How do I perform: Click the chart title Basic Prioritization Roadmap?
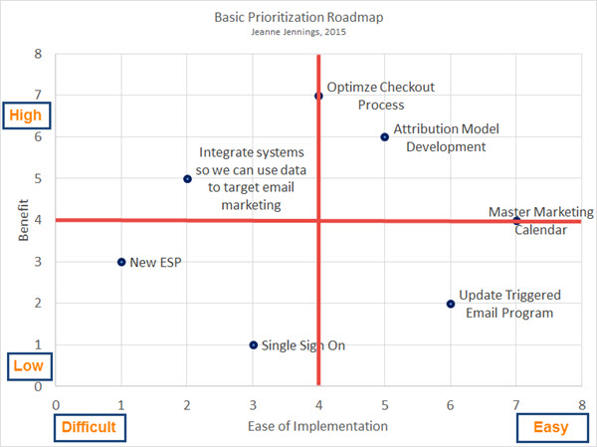tap(298, 17)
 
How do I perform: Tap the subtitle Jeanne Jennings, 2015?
tap(298, 33)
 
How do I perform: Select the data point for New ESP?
tap(121, 262)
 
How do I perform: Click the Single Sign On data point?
tap(253, 345)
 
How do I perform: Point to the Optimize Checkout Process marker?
tap(318, 96)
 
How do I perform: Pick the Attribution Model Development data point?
tap(384, 137)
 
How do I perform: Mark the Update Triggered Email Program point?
tap(450, 304)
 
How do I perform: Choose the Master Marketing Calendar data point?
tap(515, 221)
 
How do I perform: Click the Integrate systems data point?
tap(187, 179)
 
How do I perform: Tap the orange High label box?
tap(26, 115)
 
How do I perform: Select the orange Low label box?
tap(26, 366)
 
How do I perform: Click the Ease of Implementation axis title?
tap(317, 427)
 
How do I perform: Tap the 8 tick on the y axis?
tap(39, 54)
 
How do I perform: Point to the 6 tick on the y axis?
tap(39, 137)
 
